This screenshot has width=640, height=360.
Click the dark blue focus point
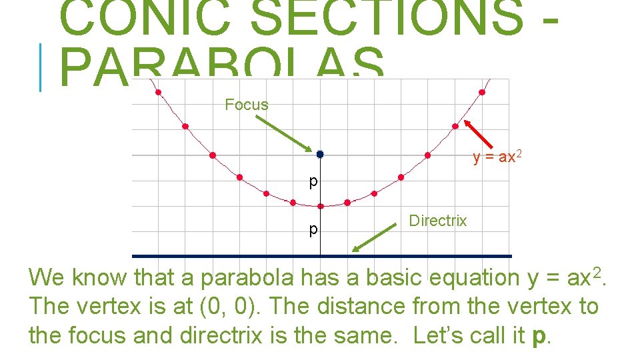320,154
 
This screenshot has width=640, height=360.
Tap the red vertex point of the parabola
320,206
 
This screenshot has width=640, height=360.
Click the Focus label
246,105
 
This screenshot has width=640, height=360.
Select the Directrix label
437,221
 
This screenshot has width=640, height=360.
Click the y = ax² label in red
497,157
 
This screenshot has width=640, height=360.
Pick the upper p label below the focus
313,181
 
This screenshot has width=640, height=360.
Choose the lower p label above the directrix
313,230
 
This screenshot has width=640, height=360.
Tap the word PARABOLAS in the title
223,66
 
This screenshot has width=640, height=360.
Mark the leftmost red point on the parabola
158,93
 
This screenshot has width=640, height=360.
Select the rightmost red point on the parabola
482,93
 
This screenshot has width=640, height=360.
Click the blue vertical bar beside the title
41,67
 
